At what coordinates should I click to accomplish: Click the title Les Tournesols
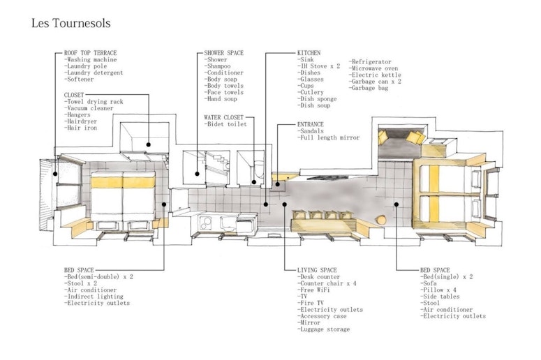pyautogui.click(x=71, y=23)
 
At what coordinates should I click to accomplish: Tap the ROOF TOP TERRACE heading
pyautogui.click(x=90, y=53)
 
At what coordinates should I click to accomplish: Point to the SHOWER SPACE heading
pyautogui.click(x=223, y=53)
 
